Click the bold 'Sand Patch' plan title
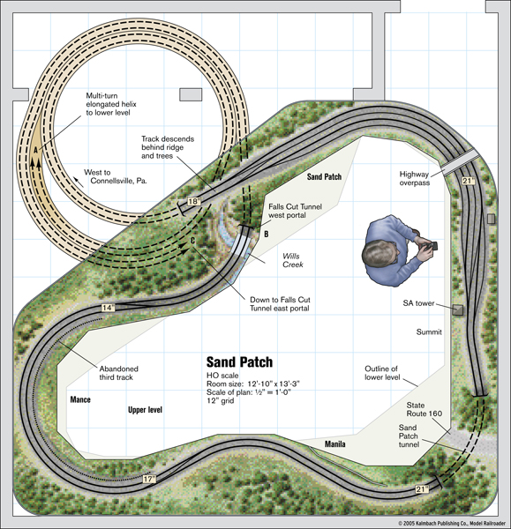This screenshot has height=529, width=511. pyautogui.click(x=239, y=362)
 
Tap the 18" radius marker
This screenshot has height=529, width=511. pyautogui.click(x=194, y=202)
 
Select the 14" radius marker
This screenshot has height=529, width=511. pyautogui.click(x=108, y=308)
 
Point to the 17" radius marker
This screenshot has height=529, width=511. pyautogui.click(x=149, y=479)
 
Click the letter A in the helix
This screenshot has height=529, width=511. pyautogui.click(x=35, y=150)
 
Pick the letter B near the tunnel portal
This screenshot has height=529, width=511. pyautogui.click(x=267, y=234)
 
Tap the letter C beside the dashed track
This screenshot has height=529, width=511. pyautogui.click(x=193, y=241)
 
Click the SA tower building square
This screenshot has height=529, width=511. pyautogui.click(x=458, y=309)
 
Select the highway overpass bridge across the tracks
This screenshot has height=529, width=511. pyautogui.click(x=461, y=162)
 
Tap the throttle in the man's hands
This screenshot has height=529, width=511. pyautogui.click(x=432, y=246)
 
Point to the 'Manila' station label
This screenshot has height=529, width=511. pyautogui.click(x=335, y=444)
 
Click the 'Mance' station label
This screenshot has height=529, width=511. pyautogui.click(x=80, y=399)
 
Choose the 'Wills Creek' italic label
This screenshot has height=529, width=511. pyautogui.click(x=292, y=260)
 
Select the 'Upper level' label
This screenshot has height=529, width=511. pyautogui.click(x=145, y=410)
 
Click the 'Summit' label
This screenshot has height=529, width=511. pyautogui.click(x=429, y=332)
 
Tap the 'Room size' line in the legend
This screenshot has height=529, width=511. pyautogui.click(x=253, y=384)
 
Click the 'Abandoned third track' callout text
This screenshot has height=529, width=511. pyautogui.click(x=118, y=373)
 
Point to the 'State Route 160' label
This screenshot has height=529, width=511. pyautogui.click(x=424, y=409)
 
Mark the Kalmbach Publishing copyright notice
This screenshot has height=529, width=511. pyautogui.click(x=452, y=523)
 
